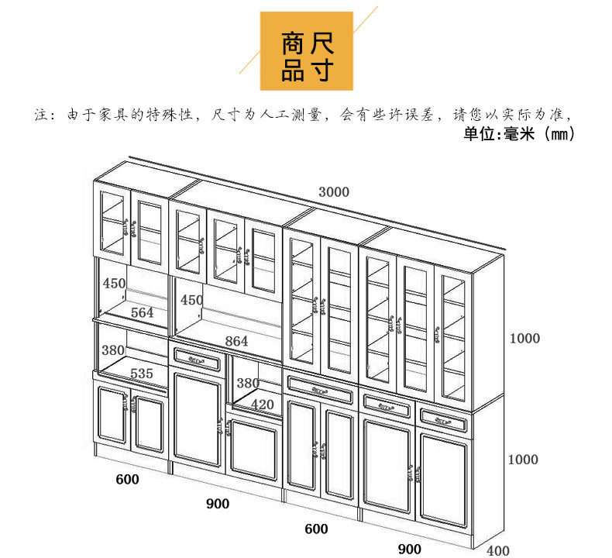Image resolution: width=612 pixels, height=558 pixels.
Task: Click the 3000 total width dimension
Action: (334, 192)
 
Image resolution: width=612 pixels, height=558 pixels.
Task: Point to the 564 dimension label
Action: (142, 313)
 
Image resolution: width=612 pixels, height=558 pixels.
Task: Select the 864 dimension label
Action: (236, 341)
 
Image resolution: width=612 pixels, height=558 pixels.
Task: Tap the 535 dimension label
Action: (141, 374)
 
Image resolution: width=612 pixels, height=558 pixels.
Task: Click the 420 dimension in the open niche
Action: (263, 404)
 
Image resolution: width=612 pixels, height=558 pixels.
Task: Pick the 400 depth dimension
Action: (498, 551)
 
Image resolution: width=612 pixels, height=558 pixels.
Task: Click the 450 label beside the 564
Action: (114, 284)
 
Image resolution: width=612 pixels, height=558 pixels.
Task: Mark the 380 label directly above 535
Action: (114, 350)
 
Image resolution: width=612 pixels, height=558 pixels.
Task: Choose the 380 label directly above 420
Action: (248, 384)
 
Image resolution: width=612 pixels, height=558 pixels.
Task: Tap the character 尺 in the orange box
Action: (321, 43)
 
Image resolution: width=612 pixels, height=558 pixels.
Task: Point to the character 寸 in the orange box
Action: (321, 71)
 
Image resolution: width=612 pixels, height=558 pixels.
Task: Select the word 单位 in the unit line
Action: (482, 135)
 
